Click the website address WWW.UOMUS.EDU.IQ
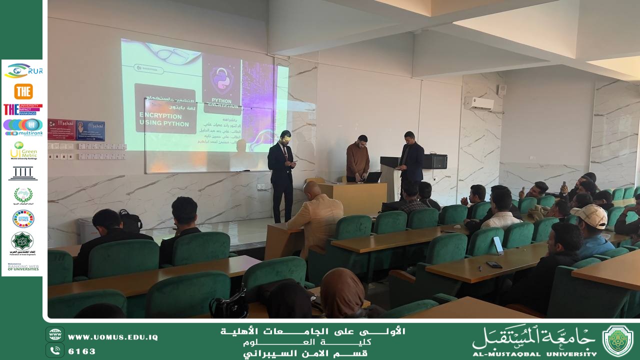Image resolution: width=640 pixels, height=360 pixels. click(x=112, y=337)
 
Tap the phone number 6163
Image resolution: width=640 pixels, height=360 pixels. click(x=81, y=351)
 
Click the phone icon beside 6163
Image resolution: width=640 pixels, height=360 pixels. click(x=55, y=350)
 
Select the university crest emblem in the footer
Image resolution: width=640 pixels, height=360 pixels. click(x=617, y=340)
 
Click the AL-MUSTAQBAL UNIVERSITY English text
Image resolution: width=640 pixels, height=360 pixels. click(x=534, y=354)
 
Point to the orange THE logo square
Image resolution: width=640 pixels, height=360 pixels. click(x=23, y=91)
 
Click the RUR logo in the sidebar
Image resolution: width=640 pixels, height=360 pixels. click(x=23, y=71)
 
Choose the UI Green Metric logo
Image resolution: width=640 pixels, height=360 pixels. click(x=23, y=150)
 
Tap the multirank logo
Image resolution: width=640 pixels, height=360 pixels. click(x=23, y=127)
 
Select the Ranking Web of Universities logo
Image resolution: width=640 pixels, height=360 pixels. click(x=23, y=267)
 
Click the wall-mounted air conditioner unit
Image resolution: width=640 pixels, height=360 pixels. click(x=478, y=104)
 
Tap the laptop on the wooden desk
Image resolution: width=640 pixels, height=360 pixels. click(x=372, y=177)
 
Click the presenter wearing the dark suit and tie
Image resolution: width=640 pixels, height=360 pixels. click(x=281, y=175)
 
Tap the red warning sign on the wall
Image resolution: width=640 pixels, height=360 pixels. click(x=61, y=129)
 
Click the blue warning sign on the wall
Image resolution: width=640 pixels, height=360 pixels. click(x=90, y=130)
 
